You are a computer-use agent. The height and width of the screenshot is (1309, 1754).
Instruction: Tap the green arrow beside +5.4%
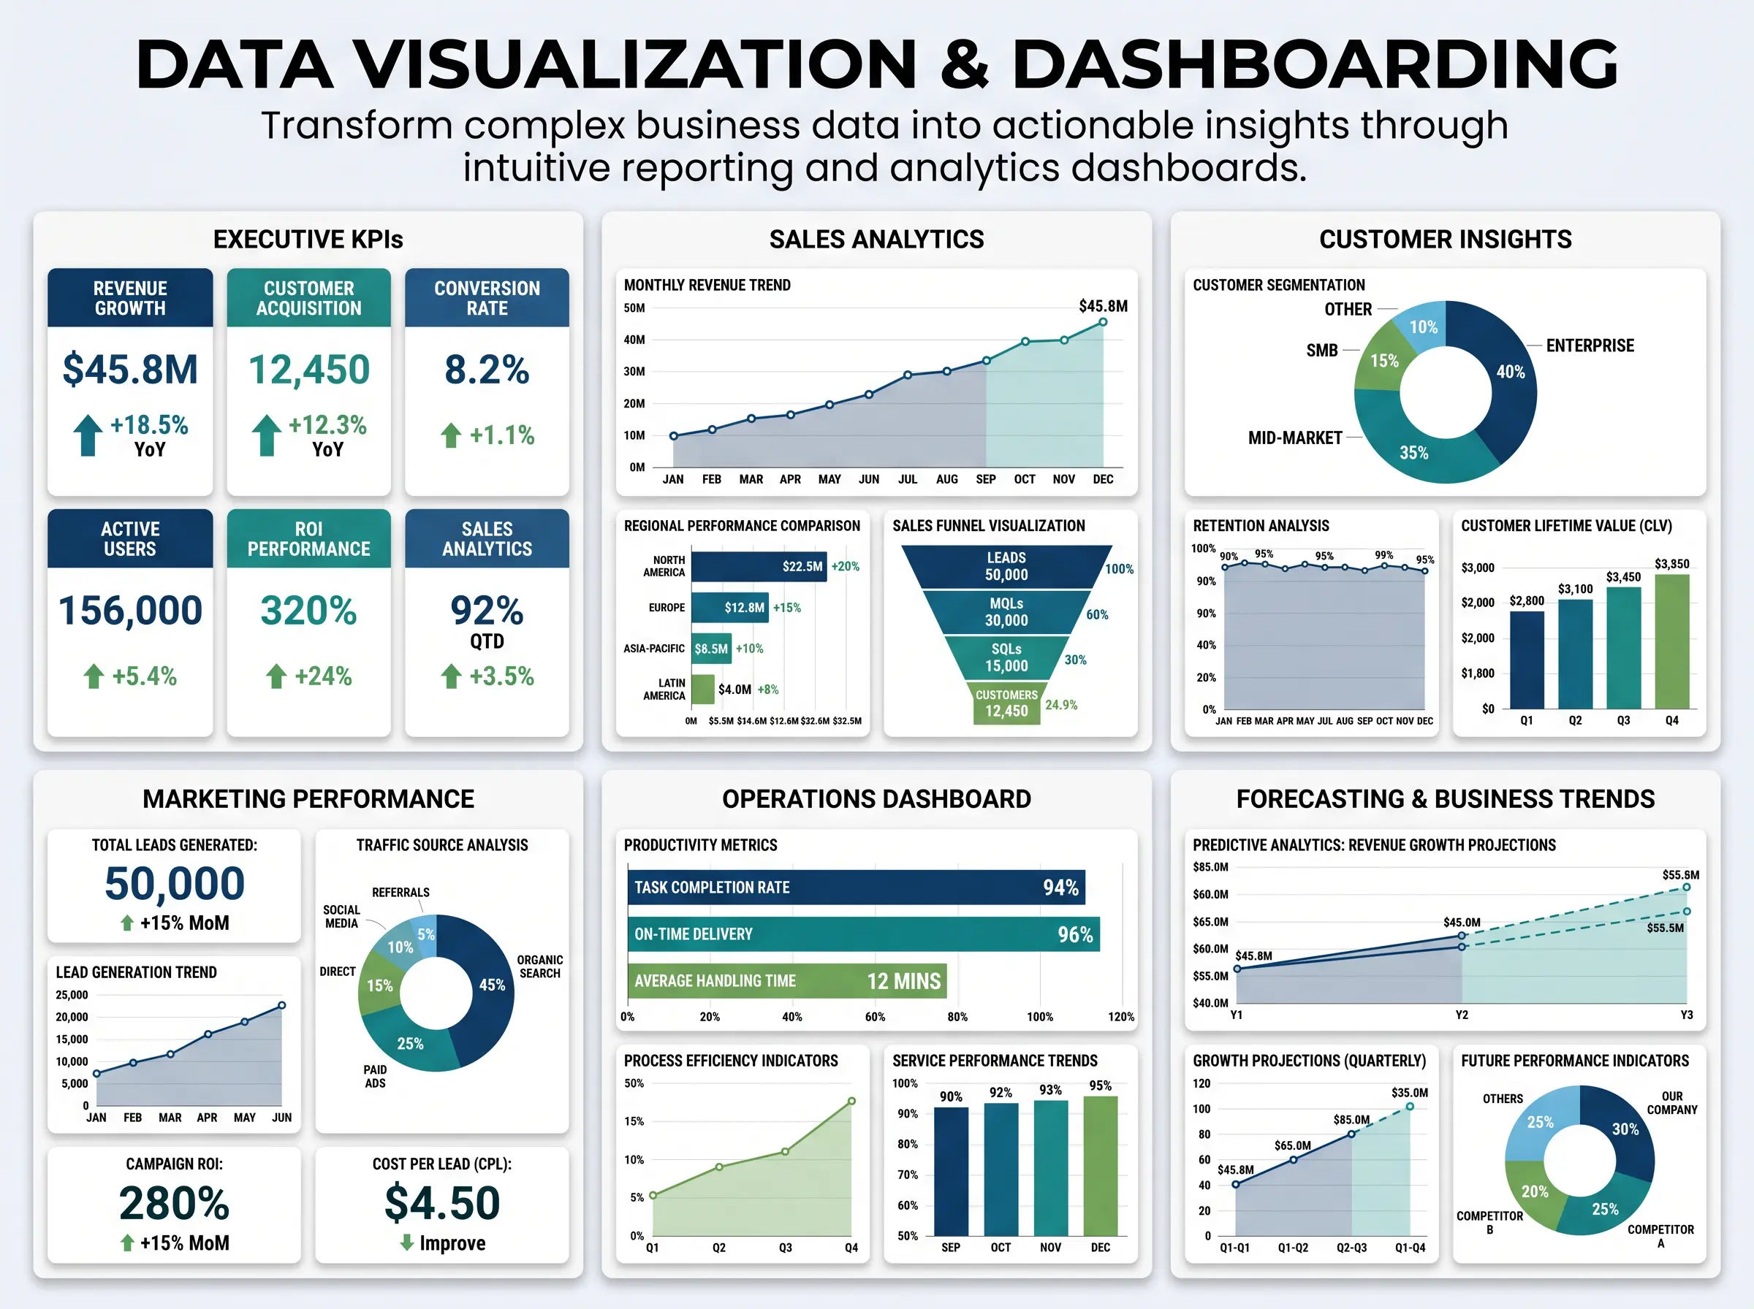tap(94, 676)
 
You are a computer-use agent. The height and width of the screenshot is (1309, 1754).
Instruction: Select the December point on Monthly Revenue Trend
tap(1103, 321)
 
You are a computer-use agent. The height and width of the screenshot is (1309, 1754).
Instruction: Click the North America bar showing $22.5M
tap(759, 567)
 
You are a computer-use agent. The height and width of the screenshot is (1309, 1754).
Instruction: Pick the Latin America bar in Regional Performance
tap(702, 690)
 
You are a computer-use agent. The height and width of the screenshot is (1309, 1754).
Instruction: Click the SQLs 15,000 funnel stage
tap(1006, 657)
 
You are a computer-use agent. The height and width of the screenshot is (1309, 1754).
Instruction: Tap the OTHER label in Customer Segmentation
tap(1348, 309)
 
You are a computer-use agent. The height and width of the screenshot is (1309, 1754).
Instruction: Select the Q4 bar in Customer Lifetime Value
tap(1671, 641)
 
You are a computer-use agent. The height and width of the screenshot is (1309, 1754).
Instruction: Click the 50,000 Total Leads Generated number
tap(175, 883)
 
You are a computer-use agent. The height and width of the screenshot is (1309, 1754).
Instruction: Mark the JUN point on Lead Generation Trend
tap(281, 1006)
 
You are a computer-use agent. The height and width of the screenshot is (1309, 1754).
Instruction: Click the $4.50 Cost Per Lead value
tap(442, 1203)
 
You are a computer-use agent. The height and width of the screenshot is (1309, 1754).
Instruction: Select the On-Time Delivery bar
tap(863, 934)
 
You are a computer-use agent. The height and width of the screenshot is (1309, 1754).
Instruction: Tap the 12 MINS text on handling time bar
tap(903, 981)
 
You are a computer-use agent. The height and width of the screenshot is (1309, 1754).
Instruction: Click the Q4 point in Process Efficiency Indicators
tap(851, 1101)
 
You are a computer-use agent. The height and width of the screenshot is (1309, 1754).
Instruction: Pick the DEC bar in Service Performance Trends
tap(1100, 1167)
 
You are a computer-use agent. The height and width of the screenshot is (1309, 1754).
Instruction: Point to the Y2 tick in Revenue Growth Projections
tap(1462, 1015)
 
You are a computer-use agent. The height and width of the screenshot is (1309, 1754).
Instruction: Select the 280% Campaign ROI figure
tap(175, 1204)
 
